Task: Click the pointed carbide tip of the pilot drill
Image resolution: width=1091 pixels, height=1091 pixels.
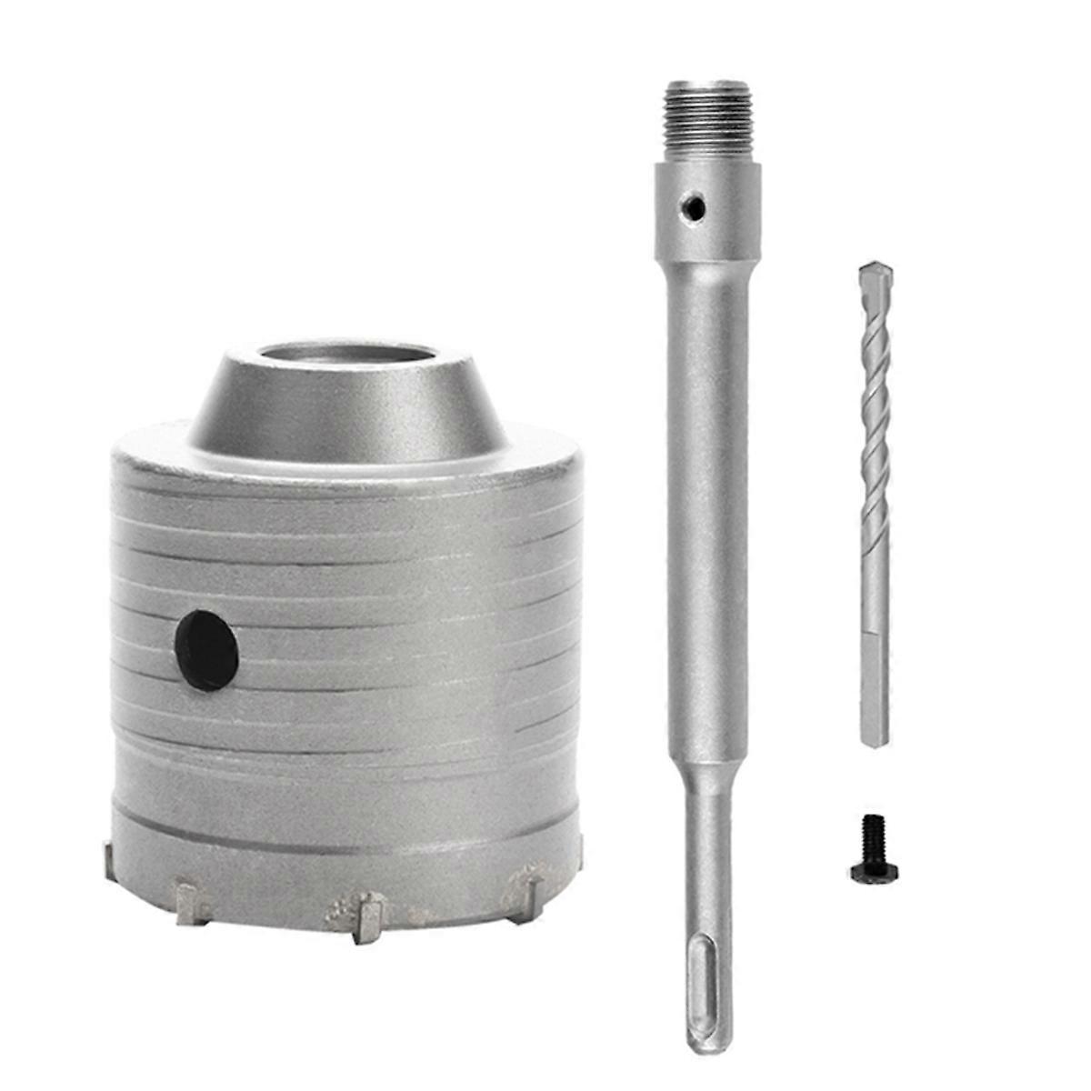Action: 875,272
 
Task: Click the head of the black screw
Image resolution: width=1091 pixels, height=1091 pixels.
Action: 875,873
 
